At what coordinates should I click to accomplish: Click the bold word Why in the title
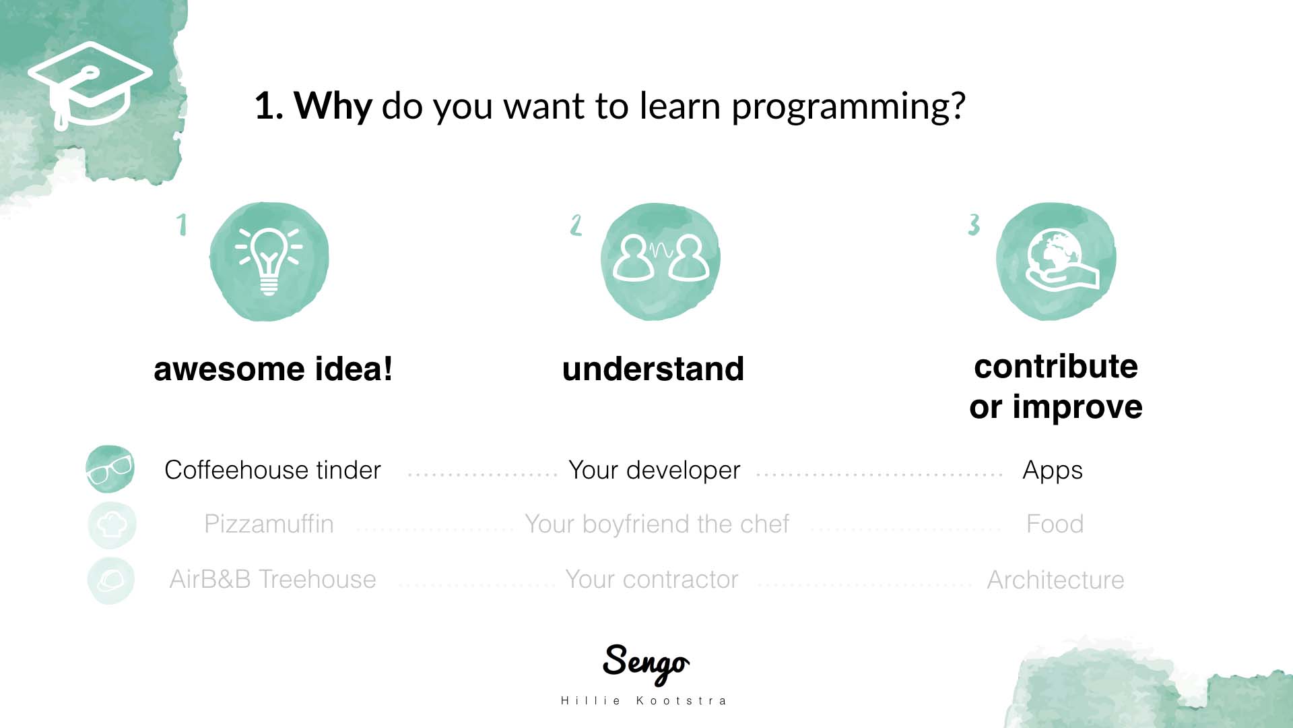tap(333, 106)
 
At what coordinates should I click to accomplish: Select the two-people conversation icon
tap(661, 259)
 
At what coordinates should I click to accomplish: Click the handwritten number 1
tap(181, 224)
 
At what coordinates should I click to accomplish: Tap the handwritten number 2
tap(576, 224)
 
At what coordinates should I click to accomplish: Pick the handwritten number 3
tap(974, 224)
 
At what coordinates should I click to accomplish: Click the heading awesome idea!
tap(273, 369)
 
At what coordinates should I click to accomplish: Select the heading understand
tap(653, 369)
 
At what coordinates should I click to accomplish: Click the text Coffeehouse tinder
tap(273, 470)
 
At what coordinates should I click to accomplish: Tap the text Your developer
tap(655, 471)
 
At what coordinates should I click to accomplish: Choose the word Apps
tap(1053, 471)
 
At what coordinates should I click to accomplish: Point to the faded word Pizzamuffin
tap(269, 524)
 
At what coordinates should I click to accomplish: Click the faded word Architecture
tap(1056, 580)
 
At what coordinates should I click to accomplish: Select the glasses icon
tap(110, 469)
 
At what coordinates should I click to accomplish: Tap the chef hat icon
tap(112, 524)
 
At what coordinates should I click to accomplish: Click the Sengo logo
tap(646, 663)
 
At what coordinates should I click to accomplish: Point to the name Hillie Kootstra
tap(644, 701)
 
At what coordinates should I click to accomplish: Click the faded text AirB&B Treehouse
tap(273, 579)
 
